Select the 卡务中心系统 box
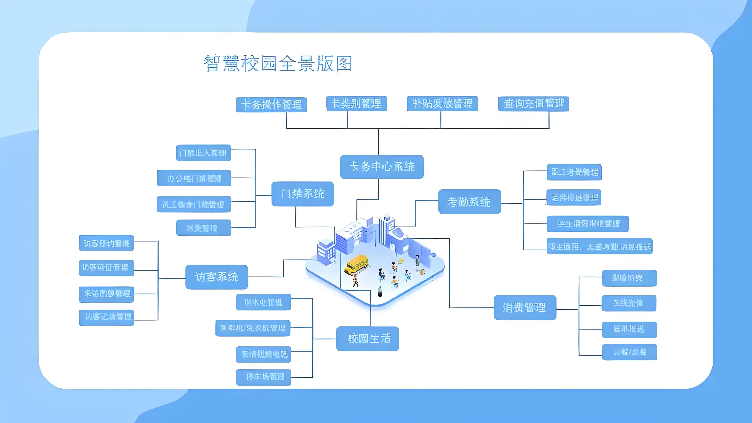click(381, 167)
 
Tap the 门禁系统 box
click(303, 194)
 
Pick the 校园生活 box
click(368, 339)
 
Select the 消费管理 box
click(525, 307)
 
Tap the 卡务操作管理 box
click(271, 104)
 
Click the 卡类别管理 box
click(357, 104)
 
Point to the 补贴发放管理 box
click(442, 104)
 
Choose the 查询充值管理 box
click(533, 104)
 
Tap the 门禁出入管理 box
click(203, 153)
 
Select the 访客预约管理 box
click(106, 243)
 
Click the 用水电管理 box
click(263, 302)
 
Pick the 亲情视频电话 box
click(263, 354)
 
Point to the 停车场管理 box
click(263, 377)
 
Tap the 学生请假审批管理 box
click(587, 224)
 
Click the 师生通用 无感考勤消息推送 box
click(599, 247)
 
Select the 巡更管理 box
click(203, 228)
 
